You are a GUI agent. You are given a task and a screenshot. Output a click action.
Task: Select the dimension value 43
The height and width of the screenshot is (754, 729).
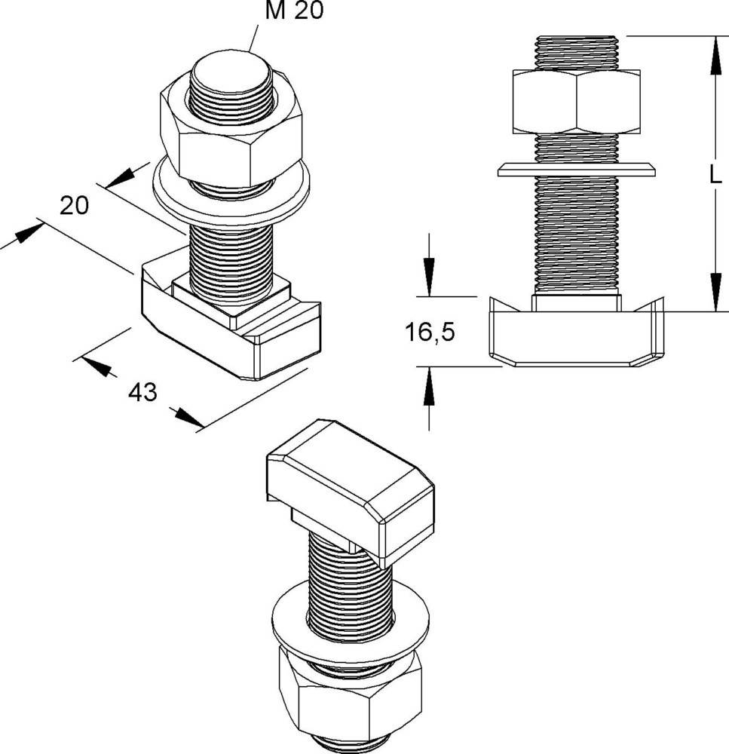(x=142, y=392)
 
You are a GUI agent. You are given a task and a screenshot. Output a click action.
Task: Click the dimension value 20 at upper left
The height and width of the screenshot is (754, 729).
(x=75, y=205)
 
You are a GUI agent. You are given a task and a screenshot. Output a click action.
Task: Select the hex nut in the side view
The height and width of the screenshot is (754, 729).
(x=576, y=102)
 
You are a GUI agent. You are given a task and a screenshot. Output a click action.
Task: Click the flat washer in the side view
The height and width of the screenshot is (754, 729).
(x=576, y=170)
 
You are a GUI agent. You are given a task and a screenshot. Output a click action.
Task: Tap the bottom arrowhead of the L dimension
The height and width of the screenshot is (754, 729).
(x=713, y=294)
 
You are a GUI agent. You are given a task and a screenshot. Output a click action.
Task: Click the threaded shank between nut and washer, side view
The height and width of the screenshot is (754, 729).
(x=576, y=147)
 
